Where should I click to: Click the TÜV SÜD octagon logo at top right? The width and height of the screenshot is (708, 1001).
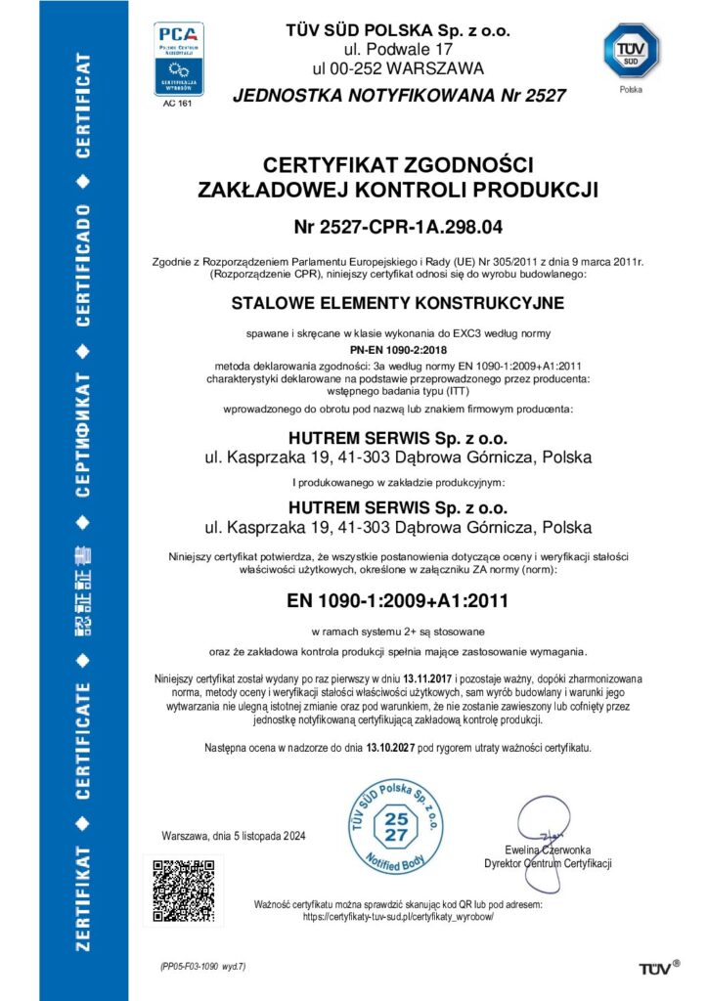pyautogui.click(x=631, y=50)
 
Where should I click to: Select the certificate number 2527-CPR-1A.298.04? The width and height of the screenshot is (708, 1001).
pyautogui.click(x=397, y=229)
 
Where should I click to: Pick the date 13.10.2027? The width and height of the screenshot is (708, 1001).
pyautogui.click(x=391, y=747)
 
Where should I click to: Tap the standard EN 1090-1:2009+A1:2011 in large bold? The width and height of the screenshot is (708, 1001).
pyautogui.click(x=397, y=598)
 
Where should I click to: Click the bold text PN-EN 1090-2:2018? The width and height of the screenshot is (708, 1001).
pyautogui.click(x=397, y=348)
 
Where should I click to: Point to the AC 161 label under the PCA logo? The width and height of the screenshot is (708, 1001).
pyautogui.click(x=178, y=105)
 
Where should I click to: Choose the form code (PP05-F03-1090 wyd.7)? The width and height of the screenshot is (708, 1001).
pyautogui.click(x=203, y=966)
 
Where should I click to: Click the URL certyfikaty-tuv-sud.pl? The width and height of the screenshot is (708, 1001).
pyautogui.click(x=398, y=917)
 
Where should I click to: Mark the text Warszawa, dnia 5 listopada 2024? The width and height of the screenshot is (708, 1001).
pyautogui.click(x=234, y=835)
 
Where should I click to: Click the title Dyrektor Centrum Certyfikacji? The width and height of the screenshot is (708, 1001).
pyautogui.click(x=548, y=863)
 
